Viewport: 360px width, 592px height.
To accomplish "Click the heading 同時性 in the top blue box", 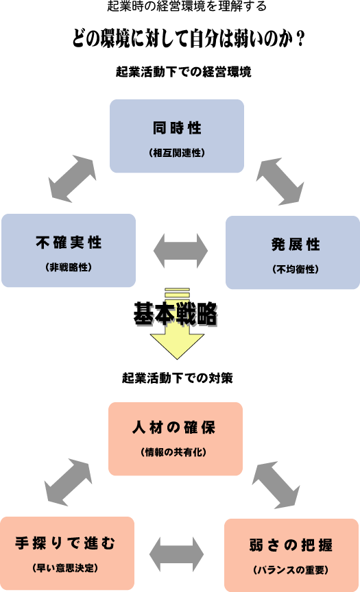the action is click(x=177, y=128).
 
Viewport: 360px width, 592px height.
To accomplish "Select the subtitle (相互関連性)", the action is click(x=177, y=153).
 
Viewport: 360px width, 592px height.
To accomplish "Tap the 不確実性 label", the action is click(x=69, y=243).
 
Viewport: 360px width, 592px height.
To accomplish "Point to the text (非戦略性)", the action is click(x=69, y=267).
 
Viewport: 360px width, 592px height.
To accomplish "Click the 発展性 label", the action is click(x=296, y=245).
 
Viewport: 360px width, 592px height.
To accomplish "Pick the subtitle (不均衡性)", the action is click(x=296, y=269).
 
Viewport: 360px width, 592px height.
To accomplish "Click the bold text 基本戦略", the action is click(x=176, y=314).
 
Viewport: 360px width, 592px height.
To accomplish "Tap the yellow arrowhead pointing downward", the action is click(x=177, y=345).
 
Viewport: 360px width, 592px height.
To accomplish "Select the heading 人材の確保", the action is click(x=173, y=428).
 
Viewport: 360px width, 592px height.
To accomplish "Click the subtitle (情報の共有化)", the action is click(x=173, y=452).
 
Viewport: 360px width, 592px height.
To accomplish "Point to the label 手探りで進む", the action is click(x=65, y=543).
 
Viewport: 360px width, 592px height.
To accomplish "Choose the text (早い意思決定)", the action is click(x=65, y=568).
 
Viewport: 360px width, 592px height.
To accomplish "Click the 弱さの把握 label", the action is click(x=291, y=545).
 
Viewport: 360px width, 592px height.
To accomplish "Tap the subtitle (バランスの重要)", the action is click(x=291, y=569).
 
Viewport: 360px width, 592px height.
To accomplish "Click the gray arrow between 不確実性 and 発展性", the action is click(x=180, y=251).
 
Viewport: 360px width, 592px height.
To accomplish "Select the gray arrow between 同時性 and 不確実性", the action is click(x=73, y=179).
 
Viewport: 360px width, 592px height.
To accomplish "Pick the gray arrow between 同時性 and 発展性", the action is click(x=280, y=182).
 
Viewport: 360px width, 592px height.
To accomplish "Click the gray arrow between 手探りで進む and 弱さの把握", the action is click(x=176, y=554).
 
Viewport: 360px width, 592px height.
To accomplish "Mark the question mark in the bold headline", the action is click(x=301, y=38).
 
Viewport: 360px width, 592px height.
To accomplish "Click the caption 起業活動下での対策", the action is click(x=177, y=378).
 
